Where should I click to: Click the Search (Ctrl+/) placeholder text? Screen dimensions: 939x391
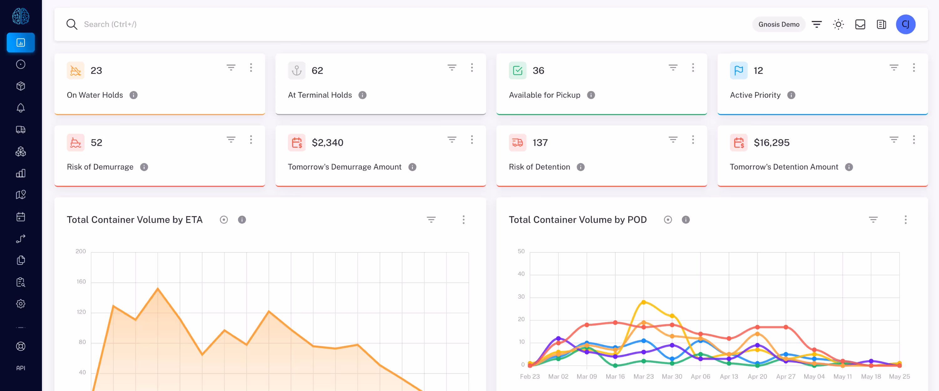coord(110,24)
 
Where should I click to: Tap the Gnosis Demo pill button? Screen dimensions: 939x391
coord(779,24)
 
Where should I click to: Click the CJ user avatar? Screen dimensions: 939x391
coord(906,24)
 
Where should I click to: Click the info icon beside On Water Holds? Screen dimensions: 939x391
coord(133,95)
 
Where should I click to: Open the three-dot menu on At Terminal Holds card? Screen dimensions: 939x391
coord(472,68)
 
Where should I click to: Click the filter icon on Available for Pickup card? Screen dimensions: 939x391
coord(673,68)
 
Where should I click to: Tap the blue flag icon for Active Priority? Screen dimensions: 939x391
coord(738,70)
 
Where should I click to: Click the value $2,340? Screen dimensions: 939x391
coord(327,142)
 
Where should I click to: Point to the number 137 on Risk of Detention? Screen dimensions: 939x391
coord(540,142)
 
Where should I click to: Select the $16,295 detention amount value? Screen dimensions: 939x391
coord(771,142)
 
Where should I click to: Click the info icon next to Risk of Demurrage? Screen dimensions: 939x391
coord(144,167)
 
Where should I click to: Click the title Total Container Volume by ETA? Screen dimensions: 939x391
coord(135,220)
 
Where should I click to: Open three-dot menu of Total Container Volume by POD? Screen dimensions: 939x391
coord(906,220)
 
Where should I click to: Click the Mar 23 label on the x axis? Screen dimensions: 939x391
coord(644,376)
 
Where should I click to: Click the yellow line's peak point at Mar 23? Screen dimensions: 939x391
coord(644,302)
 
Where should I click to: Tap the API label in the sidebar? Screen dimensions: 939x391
coord(21,368)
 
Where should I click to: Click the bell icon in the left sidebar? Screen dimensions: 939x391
coord(21,108)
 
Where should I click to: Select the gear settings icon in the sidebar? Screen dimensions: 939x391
coord(21,304)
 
